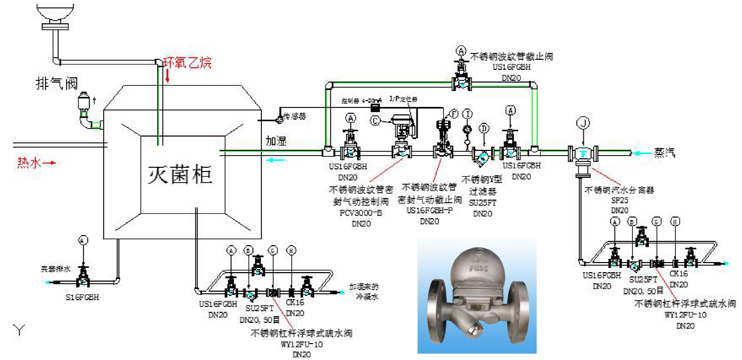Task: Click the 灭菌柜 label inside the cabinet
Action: coord(180,174)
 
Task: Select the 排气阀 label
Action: coord(57,83)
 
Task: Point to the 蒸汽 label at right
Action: coord(665,153)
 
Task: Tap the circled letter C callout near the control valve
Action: coord(375,121)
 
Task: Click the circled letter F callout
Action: coord(453,114)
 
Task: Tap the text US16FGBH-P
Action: coord(429,211)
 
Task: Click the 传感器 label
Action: coord(295,116)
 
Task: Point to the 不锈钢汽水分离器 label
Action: coord(619,190)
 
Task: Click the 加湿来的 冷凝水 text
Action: coord(364,292)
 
